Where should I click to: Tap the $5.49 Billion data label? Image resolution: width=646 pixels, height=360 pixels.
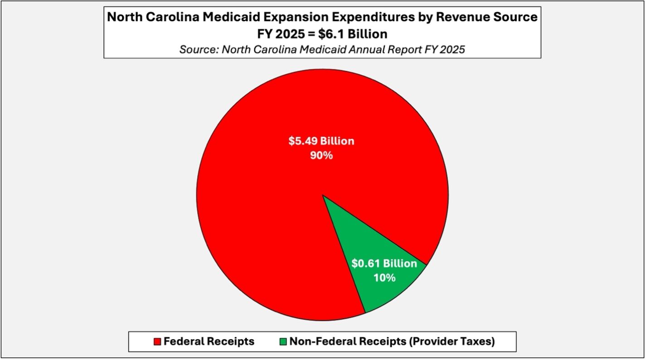(x=321, y=141)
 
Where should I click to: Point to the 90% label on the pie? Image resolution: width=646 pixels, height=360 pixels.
(x=321, y=156)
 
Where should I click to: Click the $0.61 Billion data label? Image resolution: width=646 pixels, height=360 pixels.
(x=384, y=263)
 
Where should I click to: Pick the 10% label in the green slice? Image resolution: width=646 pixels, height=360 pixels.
(x=384, y=277)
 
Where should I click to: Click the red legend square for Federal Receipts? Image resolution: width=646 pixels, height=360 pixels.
(x=157, y=341)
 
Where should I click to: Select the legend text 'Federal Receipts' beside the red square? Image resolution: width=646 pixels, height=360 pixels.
(x=209, y=341)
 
